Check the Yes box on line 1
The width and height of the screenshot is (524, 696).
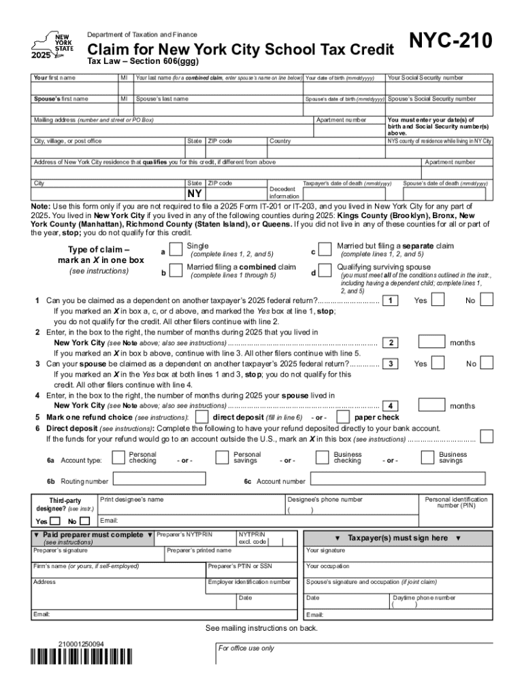click(x=439, y=300)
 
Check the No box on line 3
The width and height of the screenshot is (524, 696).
click(x=487, y=364)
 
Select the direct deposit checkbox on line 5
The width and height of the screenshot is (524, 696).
click(x=202, y=417)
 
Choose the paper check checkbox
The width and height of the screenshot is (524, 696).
click(x=344, y=417)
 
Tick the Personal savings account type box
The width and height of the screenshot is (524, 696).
click(x=222, y=458)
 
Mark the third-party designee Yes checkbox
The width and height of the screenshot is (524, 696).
click(x=56, y=521)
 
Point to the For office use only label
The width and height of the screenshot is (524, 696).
click(x=246, y=648)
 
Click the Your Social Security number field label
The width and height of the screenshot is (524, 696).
click(x=425, y=78)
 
